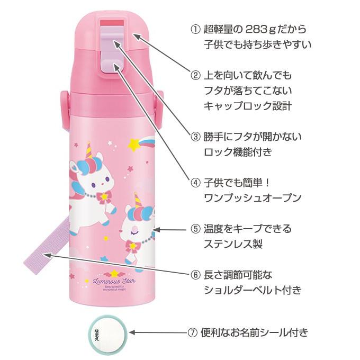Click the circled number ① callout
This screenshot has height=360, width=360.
tap(195, 29)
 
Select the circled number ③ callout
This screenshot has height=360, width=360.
tap(195, 137)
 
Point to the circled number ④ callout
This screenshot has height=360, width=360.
tap(195, 183)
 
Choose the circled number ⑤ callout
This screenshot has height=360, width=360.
tap(195, 229)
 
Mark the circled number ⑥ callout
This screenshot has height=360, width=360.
tap(195, 275)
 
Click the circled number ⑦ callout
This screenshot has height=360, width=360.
tap(193, 333)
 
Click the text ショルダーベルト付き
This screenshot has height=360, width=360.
tap(252, 291)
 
